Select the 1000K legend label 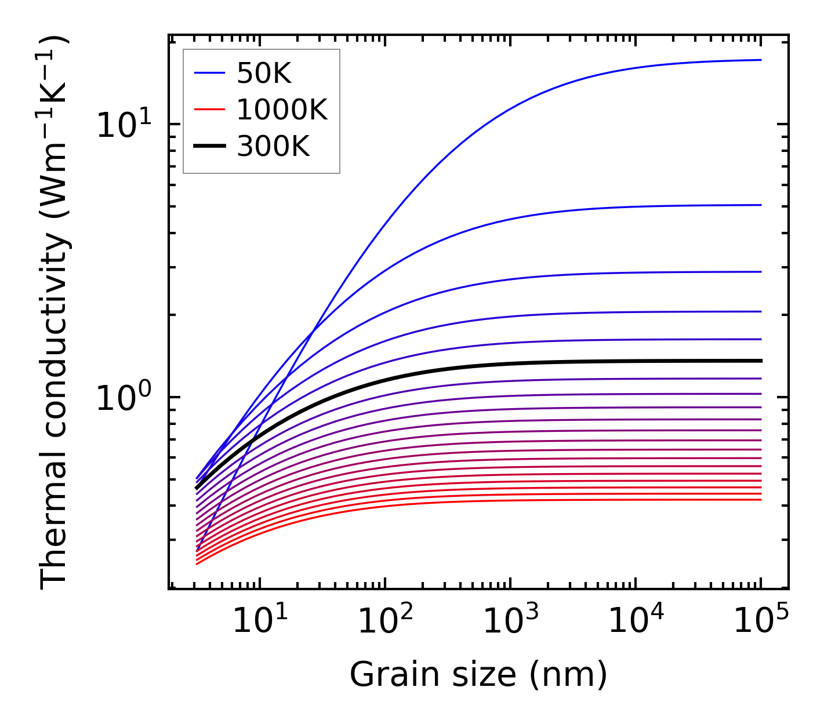[282, 110]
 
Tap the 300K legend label [273, 147]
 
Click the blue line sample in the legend [209, 73]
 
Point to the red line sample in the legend [209, 110]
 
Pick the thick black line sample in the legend [209, 147]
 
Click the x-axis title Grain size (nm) [478, 674]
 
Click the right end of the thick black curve [760, 361]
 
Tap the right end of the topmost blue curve [760, 60]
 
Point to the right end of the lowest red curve [760, 499]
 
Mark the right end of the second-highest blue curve [760, 205]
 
